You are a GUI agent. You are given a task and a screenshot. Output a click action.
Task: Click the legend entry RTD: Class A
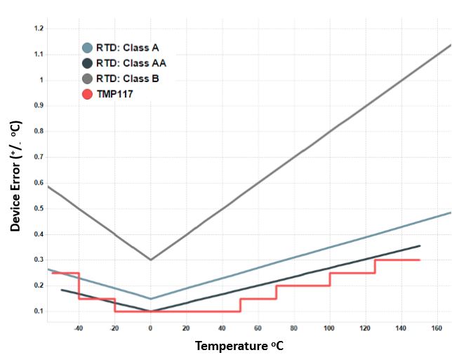[x=127, y=48]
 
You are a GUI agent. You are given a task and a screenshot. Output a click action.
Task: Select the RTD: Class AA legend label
[x=131, y=63]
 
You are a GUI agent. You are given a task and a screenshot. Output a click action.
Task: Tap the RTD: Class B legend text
[x=127, y=79]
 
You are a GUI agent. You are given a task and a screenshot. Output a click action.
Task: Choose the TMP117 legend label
[x=114, y=94]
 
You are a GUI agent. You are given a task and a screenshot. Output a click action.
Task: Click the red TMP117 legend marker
[x=88, y=94]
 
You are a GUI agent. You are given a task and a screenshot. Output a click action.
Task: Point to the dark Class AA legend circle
[x=88, y=63]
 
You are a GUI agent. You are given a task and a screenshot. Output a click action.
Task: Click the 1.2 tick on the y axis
[x=39, y=29]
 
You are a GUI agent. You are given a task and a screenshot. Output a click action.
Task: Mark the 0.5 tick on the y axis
[x=39, y=208]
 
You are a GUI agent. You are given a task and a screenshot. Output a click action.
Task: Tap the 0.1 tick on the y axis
[x=39, y=311]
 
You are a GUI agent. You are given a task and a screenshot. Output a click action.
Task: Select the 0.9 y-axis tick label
[x=39, y=106]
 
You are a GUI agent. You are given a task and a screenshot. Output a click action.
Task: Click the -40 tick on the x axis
[x=78, y=328]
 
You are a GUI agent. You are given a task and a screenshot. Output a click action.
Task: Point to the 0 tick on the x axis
[x=150, y=328]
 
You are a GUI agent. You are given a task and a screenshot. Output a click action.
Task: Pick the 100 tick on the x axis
[x=330, y=328]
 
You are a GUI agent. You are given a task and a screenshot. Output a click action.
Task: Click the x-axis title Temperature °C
[x=239, y=346]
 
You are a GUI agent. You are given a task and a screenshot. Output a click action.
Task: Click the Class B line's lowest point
[x=150, y=260]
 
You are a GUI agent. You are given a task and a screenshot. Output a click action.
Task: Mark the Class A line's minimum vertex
[x=150, y=299]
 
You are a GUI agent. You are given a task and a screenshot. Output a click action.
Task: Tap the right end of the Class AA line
[x=420, y=246]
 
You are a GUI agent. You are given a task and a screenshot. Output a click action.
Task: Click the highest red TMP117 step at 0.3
[x=397, y=260]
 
